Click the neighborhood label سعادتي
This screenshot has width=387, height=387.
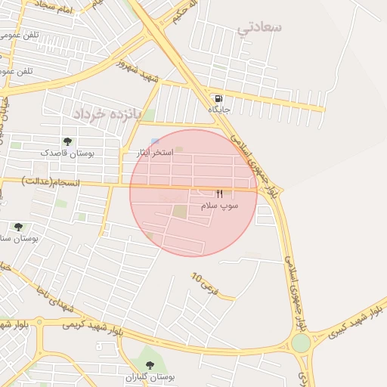(259, 28)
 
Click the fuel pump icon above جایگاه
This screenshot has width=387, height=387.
(218, 98)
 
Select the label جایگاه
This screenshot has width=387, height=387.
(218, 110)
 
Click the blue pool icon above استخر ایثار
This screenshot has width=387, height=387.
(155, 142)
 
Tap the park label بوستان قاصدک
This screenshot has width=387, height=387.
(67, 153)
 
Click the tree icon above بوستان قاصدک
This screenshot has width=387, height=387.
(67, 141)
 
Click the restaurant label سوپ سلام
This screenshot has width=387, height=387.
(219, 205)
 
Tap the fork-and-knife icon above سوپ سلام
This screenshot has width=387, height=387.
(219, 193)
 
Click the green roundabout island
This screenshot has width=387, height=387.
(301, 343)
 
